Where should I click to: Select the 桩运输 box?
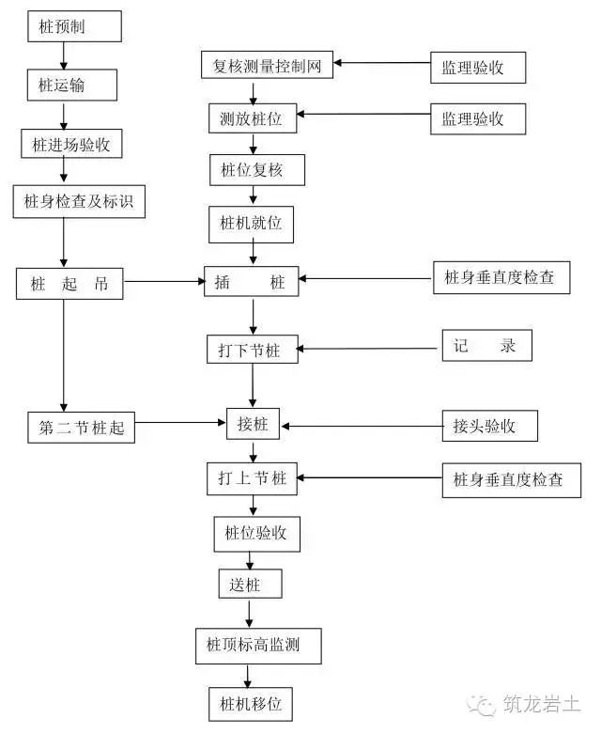[x=70, y=86]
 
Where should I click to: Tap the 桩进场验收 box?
[x=71, y=144]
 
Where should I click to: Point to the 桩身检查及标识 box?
[x=79, y=201]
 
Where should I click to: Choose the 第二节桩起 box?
[x=82, y=428]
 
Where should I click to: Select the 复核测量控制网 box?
[x=268, y=65]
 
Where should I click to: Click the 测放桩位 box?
[x=251, y=119]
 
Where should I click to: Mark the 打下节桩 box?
[x=252, y=349]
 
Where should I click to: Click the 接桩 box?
[x=254, y=425]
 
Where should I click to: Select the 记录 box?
[x=485, y=345]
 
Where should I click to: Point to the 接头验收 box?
[x=490, y=426]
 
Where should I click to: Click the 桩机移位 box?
[x=251, y=702]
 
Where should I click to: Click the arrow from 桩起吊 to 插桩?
[x=163, y=280]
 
